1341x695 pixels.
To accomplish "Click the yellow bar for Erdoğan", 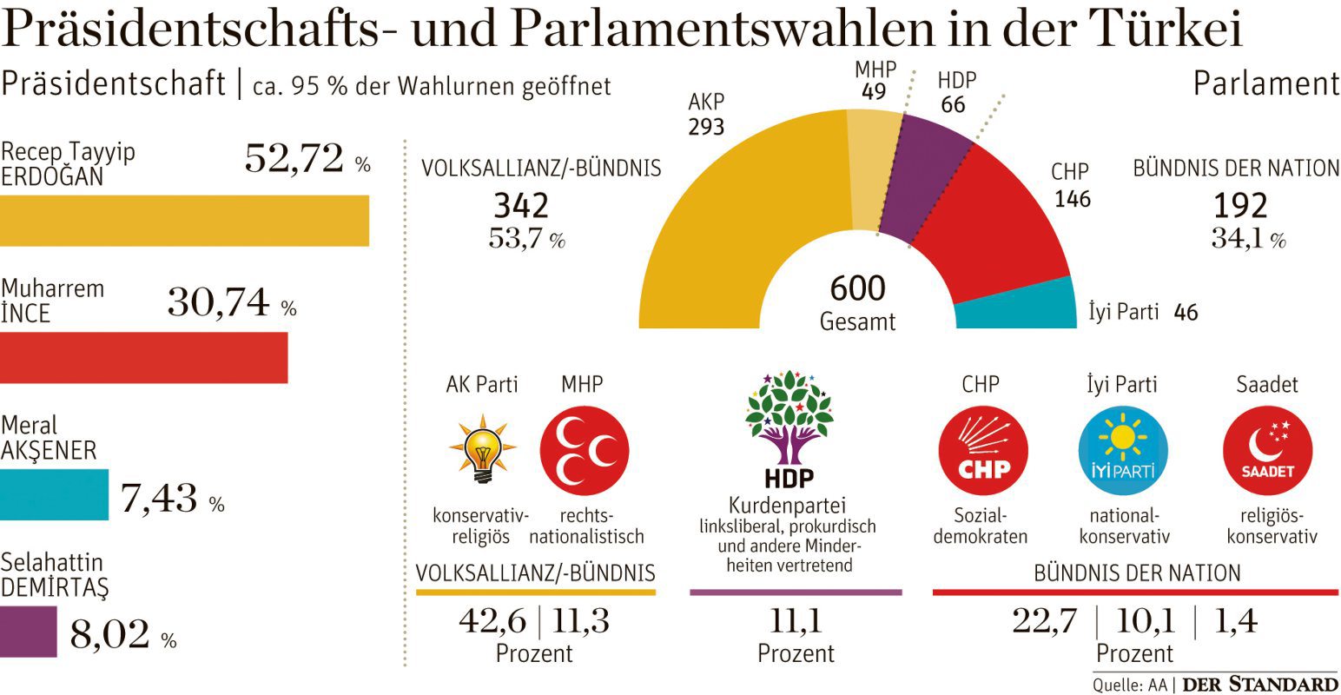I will (x=184, y=221).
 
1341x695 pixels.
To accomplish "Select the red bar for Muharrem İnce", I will (x=143, y=357).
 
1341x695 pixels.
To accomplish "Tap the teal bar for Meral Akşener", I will (x=54, y=494).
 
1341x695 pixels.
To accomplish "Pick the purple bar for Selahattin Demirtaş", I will (x=28, y=632).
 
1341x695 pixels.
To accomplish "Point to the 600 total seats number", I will (x=857, y=288).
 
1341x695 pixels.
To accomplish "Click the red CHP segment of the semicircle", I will (x=999, y=226).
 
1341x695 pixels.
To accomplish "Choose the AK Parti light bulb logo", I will (x=482, y=449).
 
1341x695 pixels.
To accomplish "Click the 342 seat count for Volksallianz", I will (x=521, y=206).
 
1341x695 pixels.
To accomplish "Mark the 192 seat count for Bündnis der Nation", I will (x=1239, y=206).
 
